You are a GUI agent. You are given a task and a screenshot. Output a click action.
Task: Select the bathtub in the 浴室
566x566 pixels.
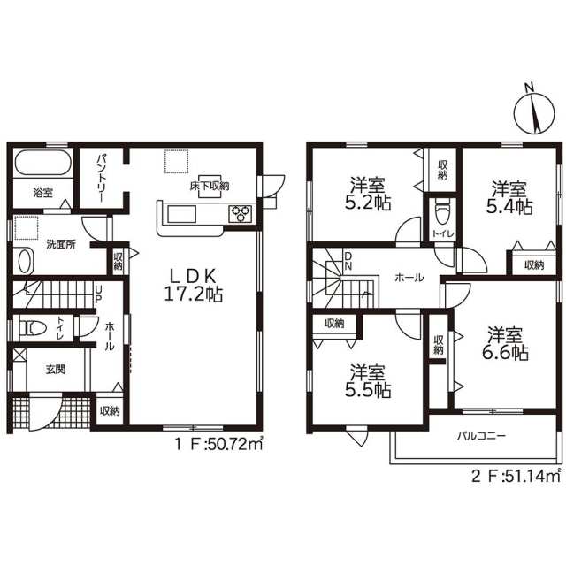(x=43, y=163)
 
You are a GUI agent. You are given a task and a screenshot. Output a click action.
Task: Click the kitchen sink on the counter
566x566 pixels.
(x=182, y=214)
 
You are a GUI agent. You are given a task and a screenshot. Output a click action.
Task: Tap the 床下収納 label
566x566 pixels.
(x=210, y=187)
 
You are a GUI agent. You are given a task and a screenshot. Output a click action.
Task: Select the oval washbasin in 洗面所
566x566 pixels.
(x=25, y=261)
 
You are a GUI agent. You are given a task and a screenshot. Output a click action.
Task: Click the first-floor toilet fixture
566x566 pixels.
(x=33, y=328)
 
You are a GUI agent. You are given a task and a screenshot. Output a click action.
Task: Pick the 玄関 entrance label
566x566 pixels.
(x=56, y=370)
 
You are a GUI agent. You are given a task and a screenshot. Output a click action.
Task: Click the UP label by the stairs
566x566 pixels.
(x=98, y=294)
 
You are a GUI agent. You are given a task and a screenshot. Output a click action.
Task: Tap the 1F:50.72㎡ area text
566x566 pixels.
(x=218, y=444)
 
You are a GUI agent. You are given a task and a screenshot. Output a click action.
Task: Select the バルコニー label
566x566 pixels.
(x=481, y=436)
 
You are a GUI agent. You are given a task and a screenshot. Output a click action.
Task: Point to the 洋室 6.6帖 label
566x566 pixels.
(x=505, y=344)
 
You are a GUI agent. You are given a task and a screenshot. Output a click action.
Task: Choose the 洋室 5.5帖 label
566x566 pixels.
(x=368, y=381)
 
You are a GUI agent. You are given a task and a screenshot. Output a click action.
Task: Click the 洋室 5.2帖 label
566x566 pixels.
(x=368, y=194)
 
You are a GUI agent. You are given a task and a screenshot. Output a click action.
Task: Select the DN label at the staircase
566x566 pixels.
(x=348, y=261)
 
